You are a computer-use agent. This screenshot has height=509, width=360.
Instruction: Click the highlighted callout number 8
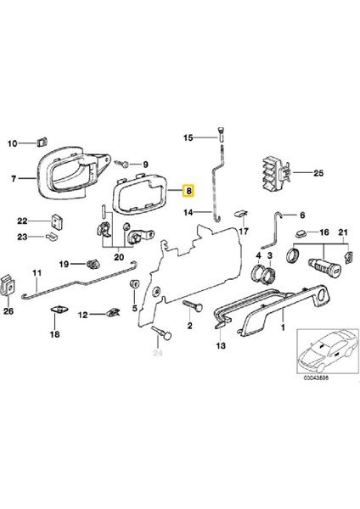click(190, 191)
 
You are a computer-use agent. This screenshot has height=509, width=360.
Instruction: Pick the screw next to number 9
click(124, 164)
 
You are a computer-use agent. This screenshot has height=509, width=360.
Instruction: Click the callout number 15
click(188, 137)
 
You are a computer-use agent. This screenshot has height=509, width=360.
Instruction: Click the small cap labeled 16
click(300, 232)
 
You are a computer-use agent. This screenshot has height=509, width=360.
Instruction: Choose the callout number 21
click(344, 232)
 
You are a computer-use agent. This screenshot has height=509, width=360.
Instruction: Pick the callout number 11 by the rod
click(37, 273)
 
